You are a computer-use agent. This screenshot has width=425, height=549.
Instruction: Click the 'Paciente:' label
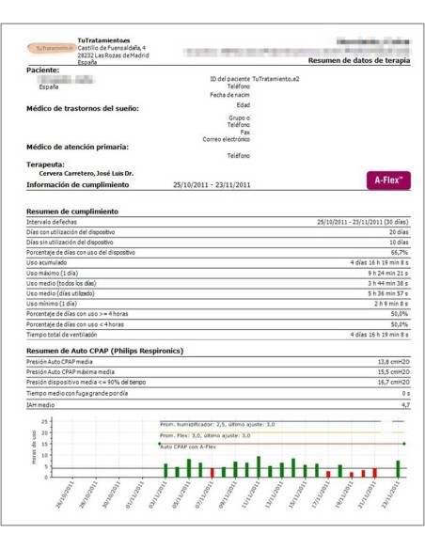click(x=52, y=71)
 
